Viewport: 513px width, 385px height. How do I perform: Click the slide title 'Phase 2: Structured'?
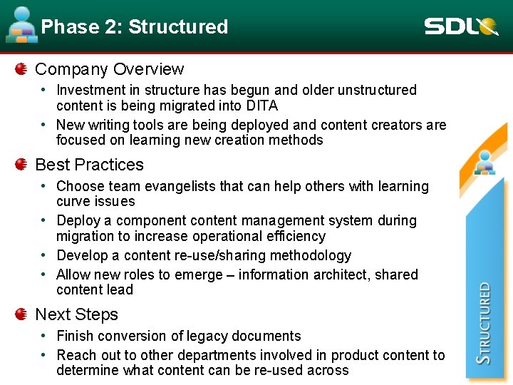[x=135, y=27]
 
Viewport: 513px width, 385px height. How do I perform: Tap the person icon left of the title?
[x=22, y=26]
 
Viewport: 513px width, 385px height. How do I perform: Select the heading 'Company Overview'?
[x=109, y=69]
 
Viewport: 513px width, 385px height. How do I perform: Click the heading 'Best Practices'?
[x=89, y=165]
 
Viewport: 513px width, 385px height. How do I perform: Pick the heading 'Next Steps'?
[x=76, y=314]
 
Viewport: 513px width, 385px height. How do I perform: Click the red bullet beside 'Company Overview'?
[x=21, y=69]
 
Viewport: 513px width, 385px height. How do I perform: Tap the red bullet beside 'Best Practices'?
[x=21, y=165]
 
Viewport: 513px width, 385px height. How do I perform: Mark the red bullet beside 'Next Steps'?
[x=21, y=314]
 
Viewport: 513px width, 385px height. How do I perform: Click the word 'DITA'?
[x=261, y=106]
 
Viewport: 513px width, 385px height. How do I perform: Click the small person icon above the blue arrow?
[x=485, y=163]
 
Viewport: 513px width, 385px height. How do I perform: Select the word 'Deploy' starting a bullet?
[x=77, y=220]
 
